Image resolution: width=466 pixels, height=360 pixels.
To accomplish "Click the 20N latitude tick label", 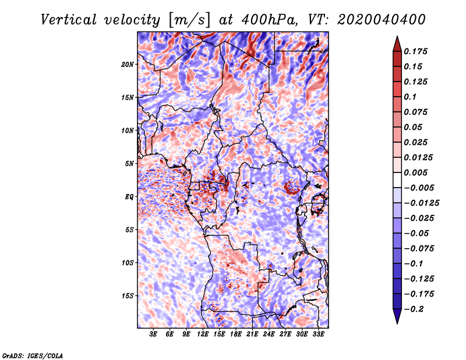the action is pos(128,65).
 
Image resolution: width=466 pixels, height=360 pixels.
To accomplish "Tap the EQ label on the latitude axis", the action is pos(129,197).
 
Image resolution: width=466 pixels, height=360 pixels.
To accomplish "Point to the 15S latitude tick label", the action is pos(128,296).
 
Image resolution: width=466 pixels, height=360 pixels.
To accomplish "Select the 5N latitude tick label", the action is pos(129,164).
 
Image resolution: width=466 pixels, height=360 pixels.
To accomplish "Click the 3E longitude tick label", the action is pos(153,334).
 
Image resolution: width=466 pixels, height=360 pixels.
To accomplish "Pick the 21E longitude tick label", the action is pos(252,334).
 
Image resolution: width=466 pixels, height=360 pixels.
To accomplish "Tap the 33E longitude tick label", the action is pos(318,334).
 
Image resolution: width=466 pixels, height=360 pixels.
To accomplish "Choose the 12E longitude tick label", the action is pos(202,334).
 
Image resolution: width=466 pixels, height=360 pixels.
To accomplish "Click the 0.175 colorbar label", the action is pos(415,51).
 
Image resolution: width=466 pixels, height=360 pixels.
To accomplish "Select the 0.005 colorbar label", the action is pos(415,172).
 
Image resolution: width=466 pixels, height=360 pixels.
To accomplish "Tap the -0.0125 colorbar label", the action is pos(421,203).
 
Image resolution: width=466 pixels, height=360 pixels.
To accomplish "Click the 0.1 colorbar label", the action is pos(410,97).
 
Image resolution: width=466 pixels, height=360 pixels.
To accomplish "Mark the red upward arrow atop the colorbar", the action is pos(397,44).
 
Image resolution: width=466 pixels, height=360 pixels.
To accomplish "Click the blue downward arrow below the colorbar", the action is pos(397,316).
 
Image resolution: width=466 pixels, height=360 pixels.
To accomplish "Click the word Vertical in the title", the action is pos(68,20).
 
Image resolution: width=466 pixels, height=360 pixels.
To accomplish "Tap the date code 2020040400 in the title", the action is pos(382,20).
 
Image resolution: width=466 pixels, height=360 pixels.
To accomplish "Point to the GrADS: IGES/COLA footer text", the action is pos(33,356).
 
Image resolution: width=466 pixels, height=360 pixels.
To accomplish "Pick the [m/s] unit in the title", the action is pos(189,20).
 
